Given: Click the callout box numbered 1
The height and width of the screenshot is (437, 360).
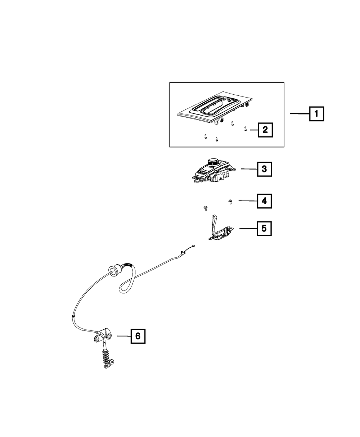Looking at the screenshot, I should (316, 114).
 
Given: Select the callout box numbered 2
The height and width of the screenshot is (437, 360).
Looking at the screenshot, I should (265, 130).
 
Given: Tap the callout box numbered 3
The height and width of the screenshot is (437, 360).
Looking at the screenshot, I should (264, 168).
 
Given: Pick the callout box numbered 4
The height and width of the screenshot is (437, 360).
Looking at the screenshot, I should (264, 201).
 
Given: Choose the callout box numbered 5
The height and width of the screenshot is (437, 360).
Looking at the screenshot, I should (264, 228).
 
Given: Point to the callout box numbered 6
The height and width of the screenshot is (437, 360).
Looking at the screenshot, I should (138, 336).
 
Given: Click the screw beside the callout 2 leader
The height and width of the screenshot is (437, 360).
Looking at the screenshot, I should (245, 129).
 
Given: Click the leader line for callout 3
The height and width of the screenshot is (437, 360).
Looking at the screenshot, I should (248, 168).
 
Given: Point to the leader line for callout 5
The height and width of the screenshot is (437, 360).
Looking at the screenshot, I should (248, 228).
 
